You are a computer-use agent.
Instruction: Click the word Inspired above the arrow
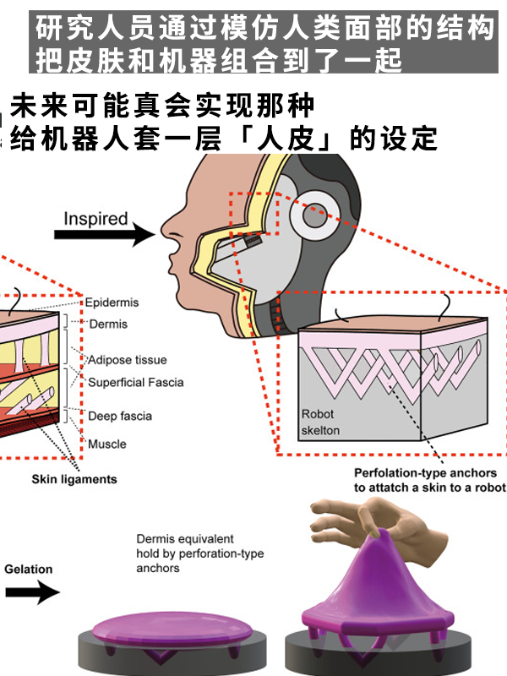click(95, 218)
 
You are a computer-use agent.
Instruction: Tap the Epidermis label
click(112, 303)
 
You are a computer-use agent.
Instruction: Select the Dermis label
click(108, 324)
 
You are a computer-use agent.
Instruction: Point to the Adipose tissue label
click(128, 360)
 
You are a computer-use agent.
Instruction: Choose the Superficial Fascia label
click(135, 382)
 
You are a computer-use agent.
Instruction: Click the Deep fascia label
click(120, 416)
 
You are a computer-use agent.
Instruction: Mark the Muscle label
click(107, 444)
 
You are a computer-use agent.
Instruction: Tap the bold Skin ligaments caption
click(74, 479)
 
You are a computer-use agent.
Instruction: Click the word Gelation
click(28, 570)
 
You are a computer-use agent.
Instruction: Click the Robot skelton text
click(320, 422)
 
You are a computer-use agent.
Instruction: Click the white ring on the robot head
click(314, 217)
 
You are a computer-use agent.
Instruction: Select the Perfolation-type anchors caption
click(429, 480)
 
